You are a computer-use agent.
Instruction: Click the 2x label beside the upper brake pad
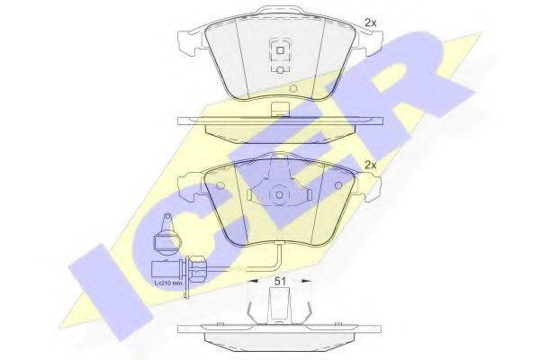click(x=371, y=23)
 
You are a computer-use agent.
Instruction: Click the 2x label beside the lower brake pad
click(x=371, y=166)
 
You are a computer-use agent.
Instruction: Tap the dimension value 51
click(x=280, y=281)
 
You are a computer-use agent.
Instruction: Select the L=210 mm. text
click(x=167, y=283)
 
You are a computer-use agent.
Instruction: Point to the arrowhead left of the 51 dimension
click(x=254, y=282)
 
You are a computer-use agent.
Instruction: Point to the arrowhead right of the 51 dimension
click(x=306, y=282)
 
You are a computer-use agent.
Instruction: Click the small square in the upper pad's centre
click(x=280, y=50)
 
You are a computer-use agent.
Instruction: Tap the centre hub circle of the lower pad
click(x=279, y=195)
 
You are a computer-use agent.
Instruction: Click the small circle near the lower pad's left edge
click(x=220, y=186)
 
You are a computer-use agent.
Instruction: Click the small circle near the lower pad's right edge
click(x=338, y=186)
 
